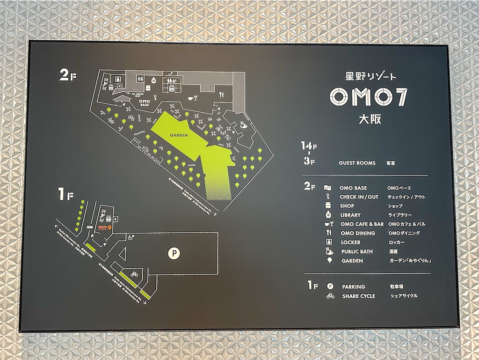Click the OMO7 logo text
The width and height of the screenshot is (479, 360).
pyautogui.click(x=369, y=96)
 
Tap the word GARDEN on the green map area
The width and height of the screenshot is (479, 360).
pyautogui.click(x=179, y=135)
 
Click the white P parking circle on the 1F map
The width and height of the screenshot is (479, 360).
pyautogui.click(x=174, y=253)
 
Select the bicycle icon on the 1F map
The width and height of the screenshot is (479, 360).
pyautogui.click(x=134, y=274)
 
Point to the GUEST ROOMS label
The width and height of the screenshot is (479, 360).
pyautogui.click(x=357, y=163)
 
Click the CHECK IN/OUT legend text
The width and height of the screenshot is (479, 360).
pyautogui.click(x=359, y=197)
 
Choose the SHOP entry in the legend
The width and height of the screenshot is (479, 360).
pyautogui.click(x=347, y=206)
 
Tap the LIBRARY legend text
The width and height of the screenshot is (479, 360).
pyautogui.click(x=350, y=215)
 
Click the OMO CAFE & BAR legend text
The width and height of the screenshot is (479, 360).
pyautogui.click(x=362, y=224)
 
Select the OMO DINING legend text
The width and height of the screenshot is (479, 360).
pyautogui.click(x=358, y=233)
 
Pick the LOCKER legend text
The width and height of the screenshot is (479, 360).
pyautogui.click(x=350, y=242)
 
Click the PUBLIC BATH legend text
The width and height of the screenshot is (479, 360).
pyautogui.click(x=356, y=251)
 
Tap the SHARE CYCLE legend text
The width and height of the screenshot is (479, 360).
pyautogui.click(x=358, y=296)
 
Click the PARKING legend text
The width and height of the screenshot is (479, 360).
pyautogui.click(x=353, y=287)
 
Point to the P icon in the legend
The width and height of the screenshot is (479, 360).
pyautogui.click(x=330, y=287)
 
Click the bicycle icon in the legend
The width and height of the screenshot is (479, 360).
pyautogui.click(x=330, y=296)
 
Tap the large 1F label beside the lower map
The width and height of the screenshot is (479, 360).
pyautogui.click(x=65, y=195)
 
